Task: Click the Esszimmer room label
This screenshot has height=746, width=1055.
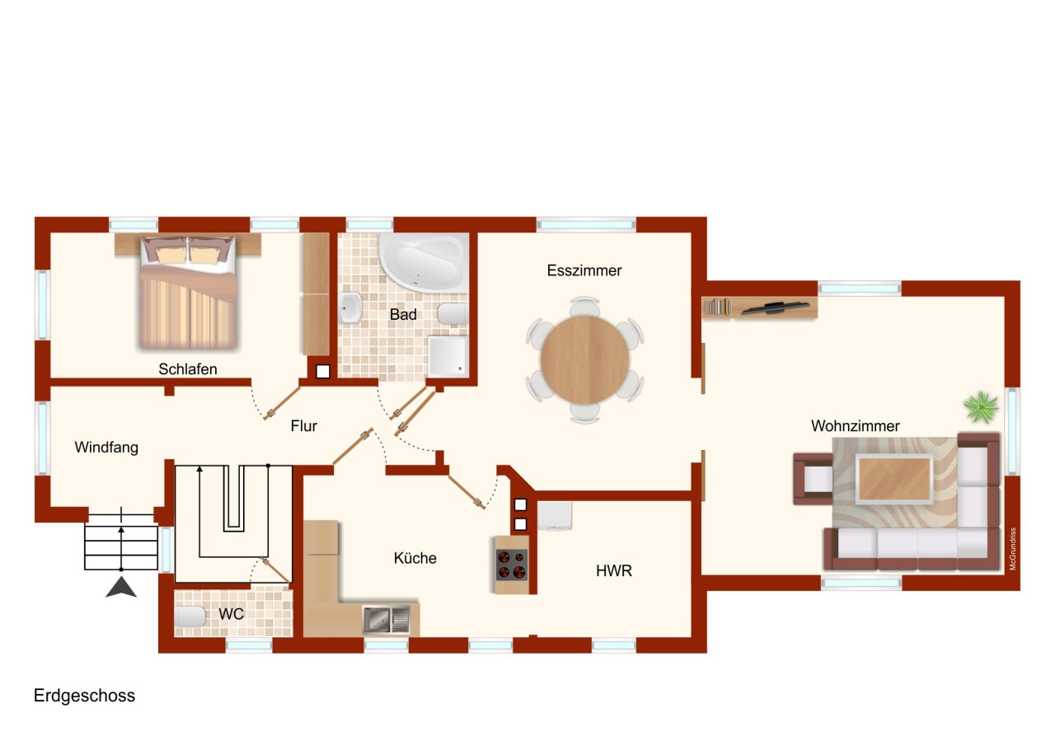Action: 584,270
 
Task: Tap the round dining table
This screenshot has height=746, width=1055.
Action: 584,359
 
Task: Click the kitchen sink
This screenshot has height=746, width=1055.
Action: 387,618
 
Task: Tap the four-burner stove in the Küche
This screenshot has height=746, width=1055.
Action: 512,565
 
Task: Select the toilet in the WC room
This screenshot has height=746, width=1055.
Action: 191,617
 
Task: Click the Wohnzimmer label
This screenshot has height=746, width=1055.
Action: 855,426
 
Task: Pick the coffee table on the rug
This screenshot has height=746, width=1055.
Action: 894,478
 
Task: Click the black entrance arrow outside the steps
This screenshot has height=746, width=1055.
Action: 122,587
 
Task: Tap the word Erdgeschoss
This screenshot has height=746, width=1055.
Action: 84,696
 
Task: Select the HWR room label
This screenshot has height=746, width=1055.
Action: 614,570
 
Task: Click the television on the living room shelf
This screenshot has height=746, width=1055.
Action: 774,307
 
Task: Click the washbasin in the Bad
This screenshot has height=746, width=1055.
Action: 349,309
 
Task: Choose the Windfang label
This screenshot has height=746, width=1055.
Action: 106,448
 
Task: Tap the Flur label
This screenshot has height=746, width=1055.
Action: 303,426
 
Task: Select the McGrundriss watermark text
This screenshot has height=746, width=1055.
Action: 1013,549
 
